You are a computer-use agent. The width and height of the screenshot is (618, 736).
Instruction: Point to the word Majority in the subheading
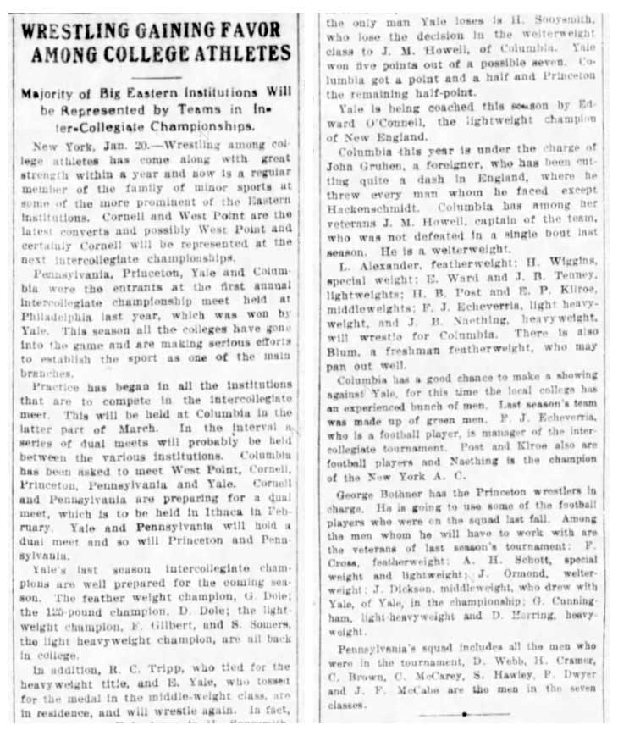click(x=54, y=95)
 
